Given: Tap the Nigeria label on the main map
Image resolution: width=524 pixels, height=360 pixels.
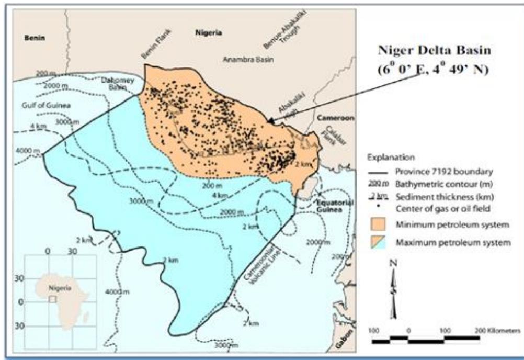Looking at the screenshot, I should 208,33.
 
